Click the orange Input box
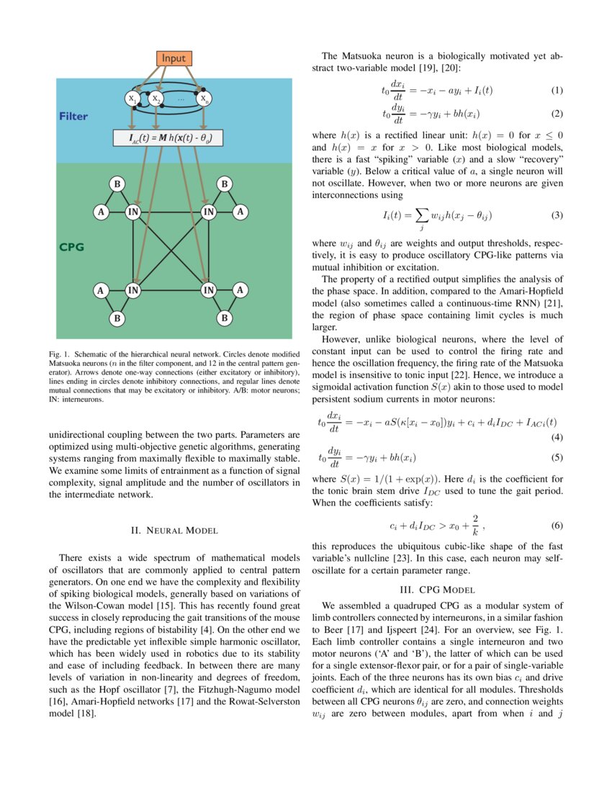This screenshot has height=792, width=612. tap(174, 58)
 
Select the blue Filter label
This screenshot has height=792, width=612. tap(74, 116)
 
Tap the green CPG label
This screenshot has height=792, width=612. tap(72, 247)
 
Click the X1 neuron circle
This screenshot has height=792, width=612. tap(132, 99)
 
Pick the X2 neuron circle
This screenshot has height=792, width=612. tap(157, 99)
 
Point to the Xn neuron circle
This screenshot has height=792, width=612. tap(205, 99)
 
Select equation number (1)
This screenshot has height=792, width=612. tap(557, 90)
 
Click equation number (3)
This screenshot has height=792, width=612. tap(557, 215)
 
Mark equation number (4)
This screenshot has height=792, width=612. tap(557, 438)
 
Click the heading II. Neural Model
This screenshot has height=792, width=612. tap(174, 531)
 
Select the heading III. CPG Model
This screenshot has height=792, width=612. tap(438, 590)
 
